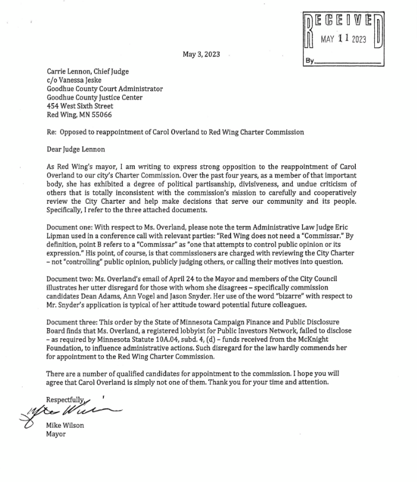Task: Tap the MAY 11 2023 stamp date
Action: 343,40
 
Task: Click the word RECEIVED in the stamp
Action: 343,22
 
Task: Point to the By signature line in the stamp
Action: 349,61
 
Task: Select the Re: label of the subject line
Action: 52,132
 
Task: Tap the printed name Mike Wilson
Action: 65,424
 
